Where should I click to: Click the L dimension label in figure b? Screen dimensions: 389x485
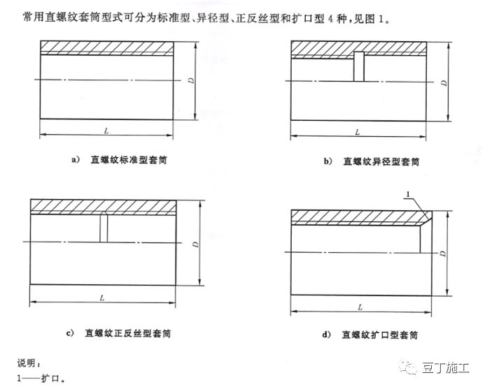coord(357,131)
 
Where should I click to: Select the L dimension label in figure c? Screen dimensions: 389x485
coord(102,298)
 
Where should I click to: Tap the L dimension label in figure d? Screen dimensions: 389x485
coord(360,307)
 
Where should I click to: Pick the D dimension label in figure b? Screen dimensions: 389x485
coord(444,81)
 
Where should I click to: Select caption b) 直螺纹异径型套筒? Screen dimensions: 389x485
coord(371,161)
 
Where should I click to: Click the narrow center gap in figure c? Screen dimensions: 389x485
coord(104,228)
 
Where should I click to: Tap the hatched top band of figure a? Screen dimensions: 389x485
coord(106,47)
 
